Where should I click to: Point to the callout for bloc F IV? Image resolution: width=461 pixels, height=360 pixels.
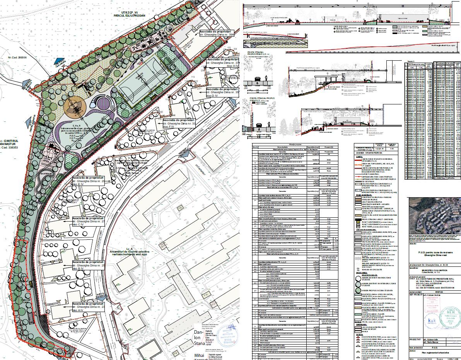coord(179,123)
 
